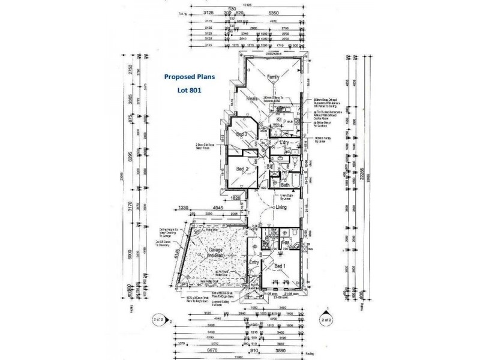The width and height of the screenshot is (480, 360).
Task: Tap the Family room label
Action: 274,77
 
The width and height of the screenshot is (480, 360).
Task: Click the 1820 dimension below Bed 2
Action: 235,198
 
